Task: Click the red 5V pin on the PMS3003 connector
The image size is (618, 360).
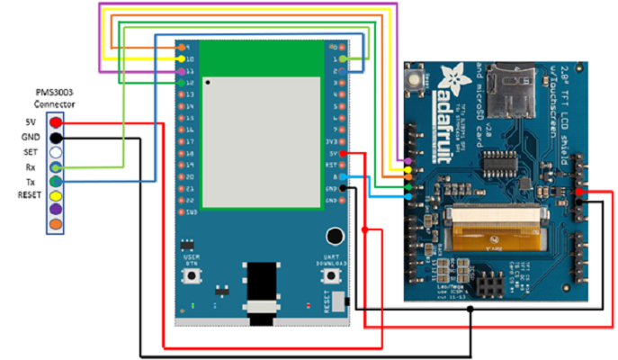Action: click(56, 121)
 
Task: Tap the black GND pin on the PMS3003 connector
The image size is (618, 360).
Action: click(56, 137)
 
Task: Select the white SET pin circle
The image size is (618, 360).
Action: click(56, 152)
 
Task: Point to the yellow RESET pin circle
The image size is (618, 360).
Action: click(56, 195)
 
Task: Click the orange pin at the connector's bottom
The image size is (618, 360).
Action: click(56, 224)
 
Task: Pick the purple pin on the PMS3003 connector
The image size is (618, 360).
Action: click(56, 210)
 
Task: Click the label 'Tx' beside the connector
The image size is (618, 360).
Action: click(29, 181)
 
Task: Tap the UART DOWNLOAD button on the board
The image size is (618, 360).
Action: click(330, 276)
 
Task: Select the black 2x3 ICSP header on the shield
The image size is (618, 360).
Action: click(492, 286)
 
